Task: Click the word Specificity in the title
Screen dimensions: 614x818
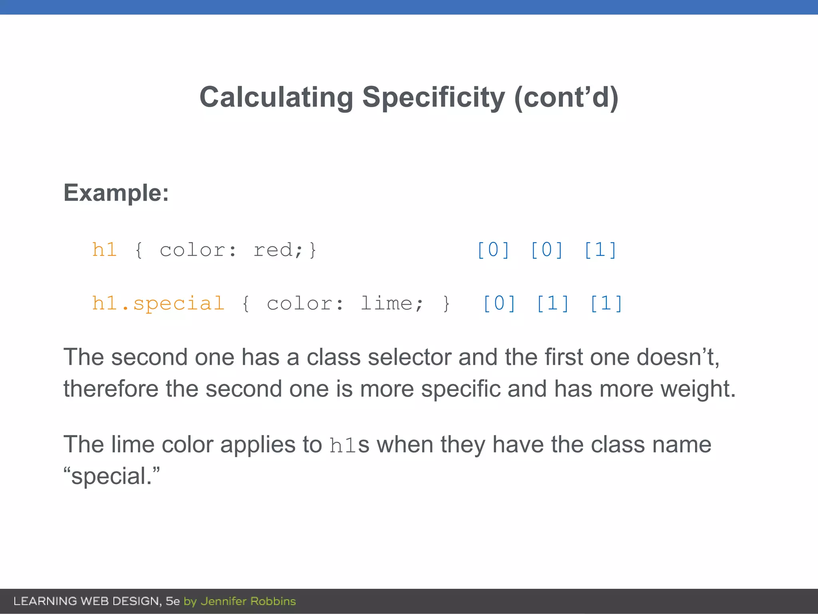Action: point(433,97)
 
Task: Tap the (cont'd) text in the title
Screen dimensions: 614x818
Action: point(566,97)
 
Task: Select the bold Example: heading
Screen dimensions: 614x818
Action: point(116,193)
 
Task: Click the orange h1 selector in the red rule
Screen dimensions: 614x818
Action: point(104,250)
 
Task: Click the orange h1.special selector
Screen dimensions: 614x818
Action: point(158,303)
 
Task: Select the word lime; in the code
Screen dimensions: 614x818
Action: point(391,303)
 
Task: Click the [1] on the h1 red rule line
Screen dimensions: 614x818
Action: point(600,250)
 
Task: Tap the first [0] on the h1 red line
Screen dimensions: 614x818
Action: point(494,250)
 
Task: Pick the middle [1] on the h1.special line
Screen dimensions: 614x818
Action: point(553,303)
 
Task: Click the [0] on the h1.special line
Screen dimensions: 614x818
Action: point(499,303)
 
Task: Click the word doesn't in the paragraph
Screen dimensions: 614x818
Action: point(677,357)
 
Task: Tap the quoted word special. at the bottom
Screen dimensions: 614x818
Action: point(111,476)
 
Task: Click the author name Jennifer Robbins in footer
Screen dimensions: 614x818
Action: point(248,601)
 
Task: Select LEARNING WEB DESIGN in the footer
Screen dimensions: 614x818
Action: point(87,601)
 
